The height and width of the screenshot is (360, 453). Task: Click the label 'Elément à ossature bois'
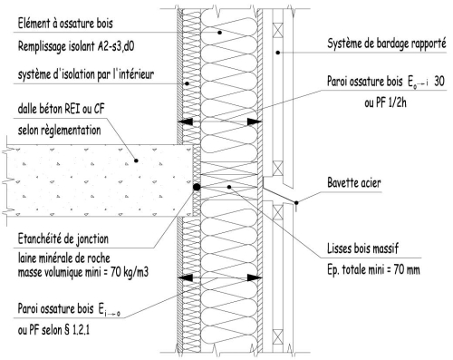point(65,24)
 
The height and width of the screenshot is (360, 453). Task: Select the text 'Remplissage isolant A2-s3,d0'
point(76,46)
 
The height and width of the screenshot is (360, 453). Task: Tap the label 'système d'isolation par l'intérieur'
point(86,74)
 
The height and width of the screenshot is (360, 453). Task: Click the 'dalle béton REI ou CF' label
point(62,109)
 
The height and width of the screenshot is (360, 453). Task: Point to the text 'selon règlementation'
point(59,131)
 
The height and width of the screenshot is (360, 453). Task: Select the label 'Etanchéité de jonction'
point(63,238)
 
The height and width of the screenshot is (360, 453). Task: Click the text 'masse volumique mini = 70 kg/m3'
point(83,272)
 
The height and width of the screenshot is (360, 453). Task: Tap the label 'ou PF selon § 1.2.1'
point(53,330)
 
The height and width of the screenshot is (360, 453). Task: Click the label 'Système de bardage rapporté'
point(387,44)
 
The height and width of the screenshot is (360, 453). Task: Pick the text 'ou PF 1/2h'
point(385,103)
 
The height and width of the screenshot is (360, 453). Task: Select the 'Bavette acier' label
point(354,182)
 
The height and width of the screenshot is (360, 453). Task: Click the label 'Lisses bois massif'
point(363,248)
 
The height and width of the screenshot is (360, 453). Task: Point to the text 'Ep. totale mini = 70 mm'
point(373,269)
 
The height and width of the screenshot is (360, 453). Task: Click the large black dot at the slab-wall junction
point(197,187)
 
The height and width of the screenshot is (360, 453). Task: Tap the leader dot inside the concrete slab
point(136,161)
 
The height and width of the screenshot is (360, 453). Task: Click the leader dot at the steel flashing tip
point(296,203)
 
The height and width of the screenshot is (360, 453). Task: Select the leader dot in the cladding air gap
point(278,53)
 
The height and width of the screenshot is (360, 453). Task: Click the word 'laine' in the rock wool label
point(26,258)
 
